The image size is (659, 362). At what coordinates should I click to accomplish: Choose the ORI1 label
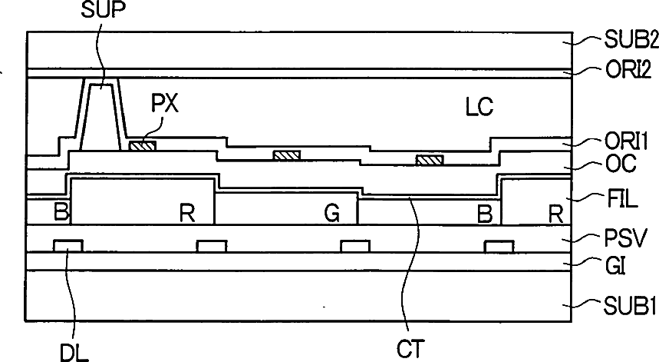point(622,142)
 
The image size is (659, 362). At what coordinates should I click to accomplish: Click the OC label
point(613,164)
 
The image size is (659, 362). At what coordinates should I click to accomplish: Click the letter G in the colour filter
point(331,212)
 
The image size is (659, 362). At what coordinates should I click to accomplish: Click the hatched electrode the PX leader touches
point(142,144)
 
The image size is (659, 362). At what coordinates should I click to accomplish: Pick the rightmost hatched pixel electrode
point(430,160)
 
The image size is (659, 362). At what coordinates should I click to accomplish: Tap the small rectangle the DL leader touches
point(68,245)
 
